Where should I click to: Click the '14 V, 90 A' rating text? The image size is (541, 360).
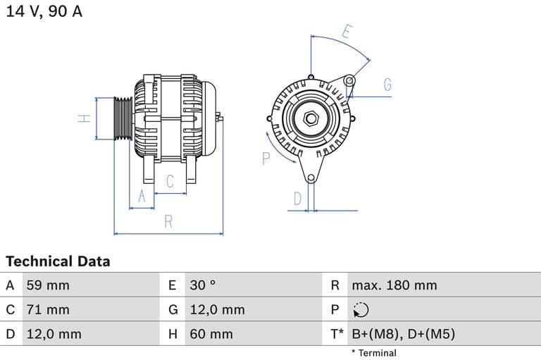coord(44,12)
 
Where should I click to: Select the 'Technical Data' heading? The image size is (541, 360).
coord(58,261)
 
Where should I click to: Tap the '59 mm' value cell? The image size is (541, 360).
coord(48,285)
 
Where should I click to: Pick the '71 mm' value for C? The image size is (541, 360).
coord(48,309)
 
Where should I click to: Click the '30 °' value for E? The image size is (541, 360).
coord(203,285)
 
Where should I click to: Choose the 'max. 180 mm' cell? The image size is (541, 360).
coord(394,285)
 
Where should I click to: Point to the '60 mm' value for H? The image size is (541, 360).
coord(211,334)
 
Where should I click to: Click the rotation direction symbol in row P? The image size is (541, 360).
coord(360,309)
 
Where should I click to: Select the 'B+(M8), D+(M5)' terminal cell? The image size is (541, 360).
coord(403,334)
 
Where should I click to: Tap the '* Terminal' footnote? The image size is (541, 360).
coord(373,353)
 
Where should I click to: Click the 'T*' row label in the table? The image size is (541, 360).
coord(337,334)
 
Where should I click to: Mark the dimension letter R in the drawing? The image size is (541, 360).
coord(168,222)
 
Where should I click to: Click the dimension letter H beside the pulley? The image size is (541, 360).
coord(84,118)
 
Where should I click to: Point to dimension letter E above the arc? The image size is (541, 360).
coord(347,32)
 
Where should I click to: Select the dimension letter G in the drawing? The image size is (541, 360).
coord(387,85)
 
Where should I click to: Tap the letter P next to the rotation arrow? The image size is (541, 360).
coord(266,159)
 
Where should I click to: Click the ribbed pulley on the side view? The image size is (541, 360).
coord(123,118)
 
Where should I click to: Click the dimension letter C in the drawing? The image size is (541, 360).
coord(170,182)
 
